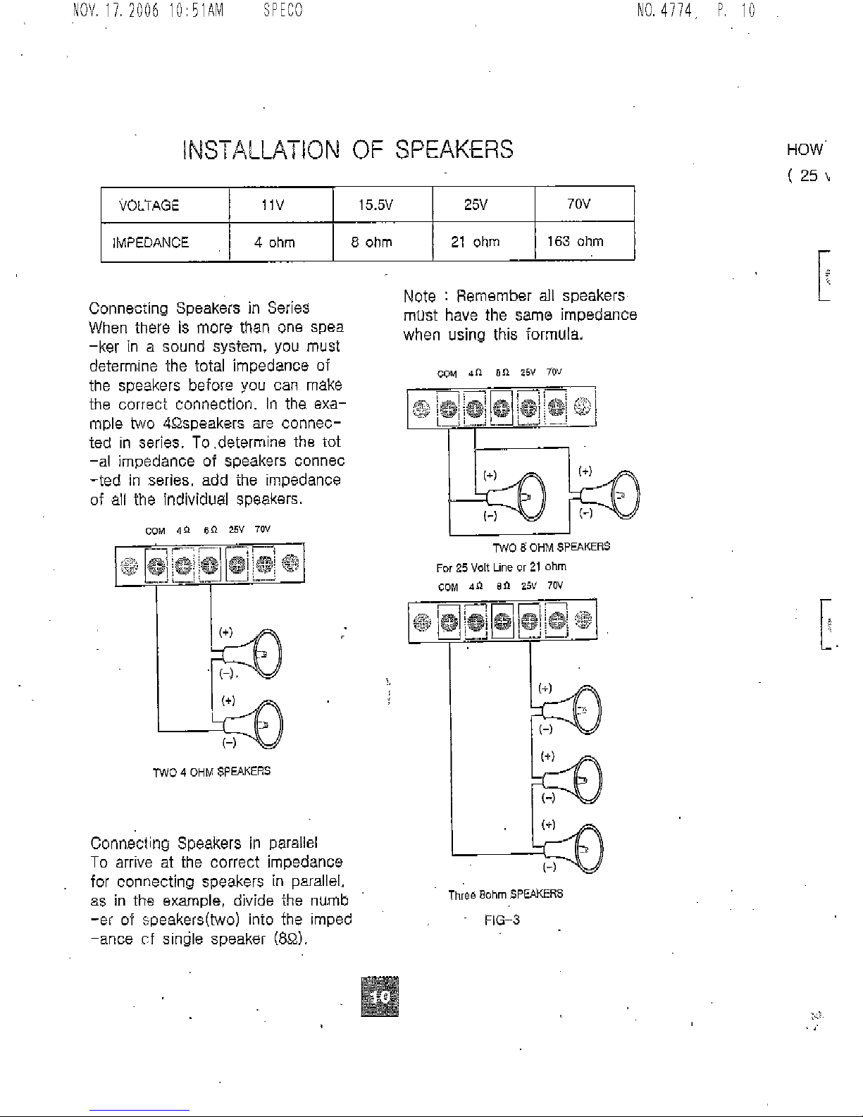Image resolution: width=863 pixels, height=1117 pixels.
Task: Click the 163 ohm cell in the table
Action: pos(576,242)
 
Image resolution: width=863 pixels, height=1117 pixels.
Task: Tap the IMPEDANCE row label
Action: pos(151,242)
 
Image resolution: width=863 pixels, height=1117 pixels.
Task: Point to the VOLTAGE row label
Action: pos(149,205)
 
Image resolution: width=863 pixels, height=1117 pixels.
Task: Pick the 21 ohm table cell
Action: pos(476,242)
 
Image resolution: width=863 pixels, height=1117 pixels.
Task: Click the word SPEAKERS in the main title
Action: pos(453,149)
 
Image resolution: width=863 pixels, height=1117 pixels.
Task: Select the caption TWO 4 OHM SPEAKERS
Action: pos(211,772)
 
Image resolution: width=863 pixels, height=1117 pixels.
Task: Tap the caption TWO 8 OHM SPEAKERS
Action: pos(551,547)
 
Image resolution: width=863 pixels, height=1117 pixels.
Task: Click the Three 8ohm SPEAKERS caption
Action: pos(506,894)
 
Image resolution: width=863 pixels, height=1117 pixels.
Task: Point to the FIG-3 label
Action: pos(502,920)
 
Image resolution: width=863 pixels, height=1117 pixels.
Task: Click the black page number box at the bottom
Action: pos(379,996)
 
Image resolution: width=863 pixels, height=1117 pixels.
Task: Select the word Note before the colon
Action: pos(420,295)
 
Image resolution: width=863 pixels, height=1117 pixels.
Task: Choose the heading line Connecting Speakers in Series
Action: pos(199,309)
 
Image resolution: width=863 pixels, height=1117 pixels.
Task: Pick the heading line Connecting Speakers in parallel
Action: pos(204,843)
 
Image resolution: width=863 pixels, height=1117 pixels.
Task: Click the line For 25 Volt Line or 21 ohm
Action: pos(501,567)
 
